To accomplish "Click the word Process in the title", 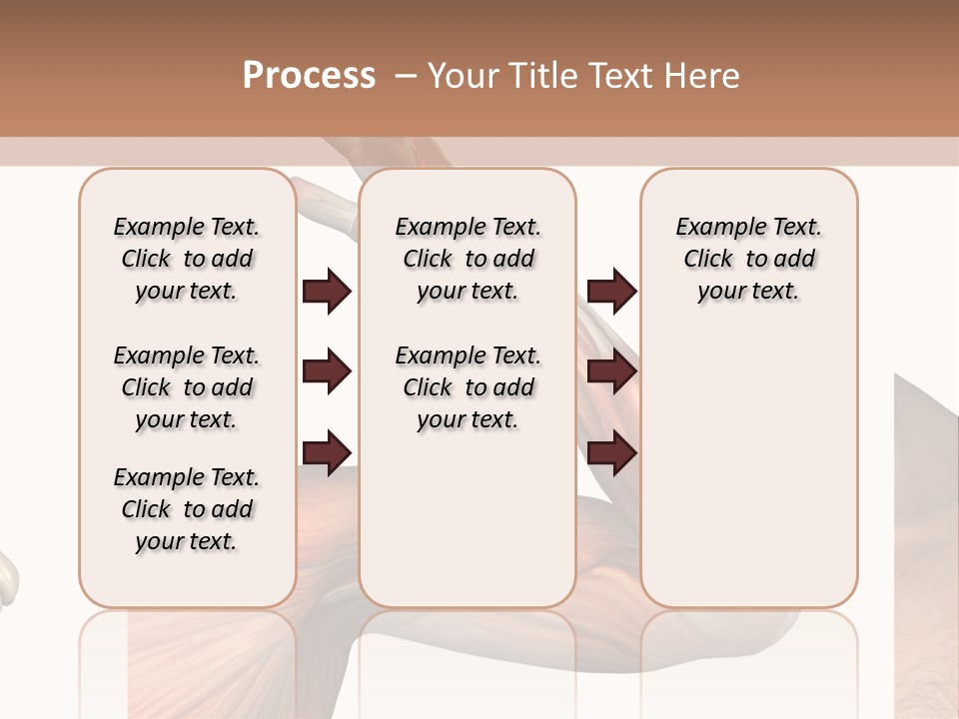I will point(309,76).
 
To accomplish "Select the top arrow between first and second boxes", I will point(327,291).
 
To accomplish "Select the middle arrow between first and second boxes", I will point(327,372).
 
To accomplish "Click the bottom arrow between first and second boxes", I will point(327,454).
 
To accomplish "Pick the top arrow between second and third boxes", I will point(611,291).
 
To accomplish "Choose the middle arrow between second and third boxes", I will point(611,372).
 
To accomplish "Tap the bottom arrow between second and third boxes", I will point(611,454).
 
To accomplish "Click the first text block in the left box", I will point(187,259).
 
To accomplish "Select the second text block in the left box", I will point(187,387).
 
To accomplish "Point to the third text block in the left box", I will point(187,509).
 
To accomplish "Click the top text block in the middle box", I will point(468,259).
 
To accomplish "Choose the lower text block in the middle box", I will point(468,387).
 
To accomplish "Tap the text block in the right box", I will point(748,259).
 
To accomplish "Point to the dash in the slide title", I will point(406,76).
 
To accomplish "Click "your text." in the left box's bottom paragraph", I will point(187,541).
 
